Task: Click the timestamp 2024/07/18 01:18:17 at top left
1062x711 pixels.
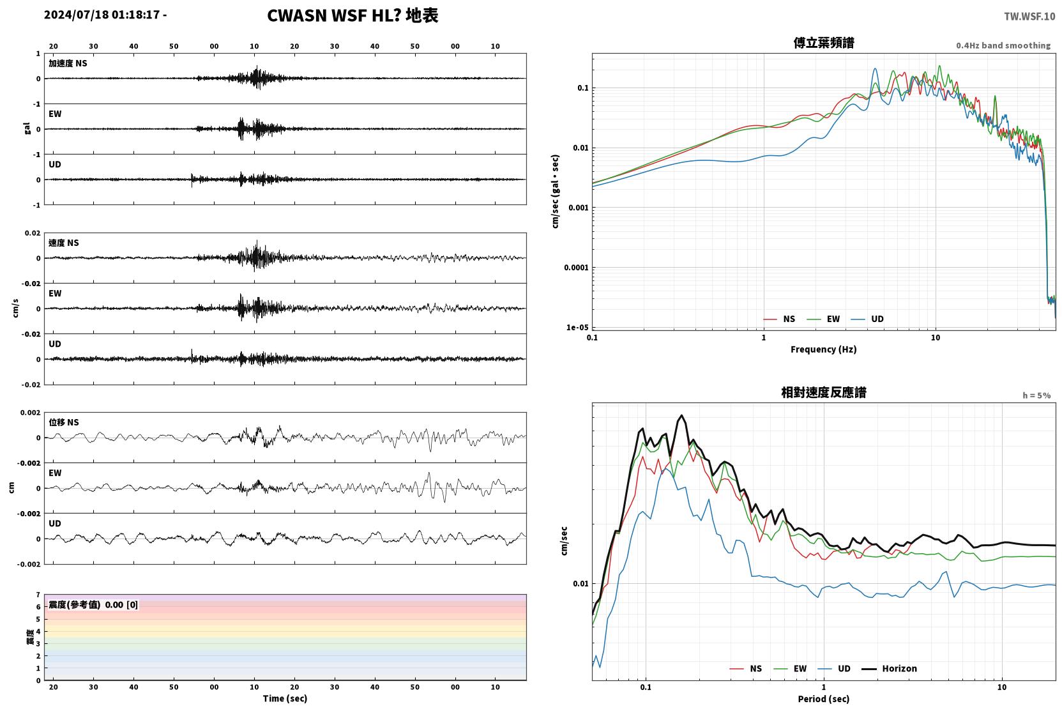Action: click(102, 15)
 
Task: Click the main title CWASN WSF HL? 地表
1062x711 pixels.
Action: click(353, 15)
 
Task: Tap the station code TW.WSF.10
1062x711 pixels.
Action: click(1029, 17)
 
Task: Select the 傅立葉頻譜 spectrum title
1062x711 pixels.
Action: click(824, 43)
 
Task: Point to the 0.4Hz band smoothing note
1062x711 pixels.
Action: click(1003, 45)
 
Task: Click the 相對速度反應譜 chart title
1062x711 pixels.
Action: click(824, 392)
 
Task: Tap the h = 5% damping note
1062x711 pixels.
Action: click(1036, 395)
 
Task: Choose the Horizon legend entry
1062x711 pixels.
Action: click(889, 668)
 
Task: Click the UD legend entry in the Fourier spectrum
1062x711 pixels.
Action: click(867, 319)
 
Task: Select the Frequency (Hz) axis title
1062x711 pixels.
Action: click(824, 349)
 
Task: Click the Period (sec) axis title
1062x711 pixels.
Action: click(824, 699)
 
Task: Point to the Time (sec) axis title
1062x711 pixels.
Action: click(285, 698)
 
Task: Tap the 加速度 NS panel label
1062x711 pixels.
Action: click(68, 63)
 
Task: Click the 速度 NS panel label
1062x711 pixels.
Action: click(63, 243)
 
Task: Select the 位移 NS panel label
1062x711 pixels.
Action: click(63, 422)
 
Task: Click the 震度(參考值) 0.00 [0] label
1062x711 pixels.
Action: click(93, 605)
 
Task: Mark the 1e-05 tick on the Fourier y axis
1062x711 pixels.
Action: click(577, 327)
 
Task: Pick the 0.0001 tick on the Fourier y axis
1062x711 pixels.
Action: click(576, 268)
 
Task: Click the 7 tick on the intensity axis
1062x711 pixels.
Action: click(38, 595)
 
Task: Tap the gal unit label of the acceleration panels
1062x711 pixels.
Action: click(27, 128)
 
